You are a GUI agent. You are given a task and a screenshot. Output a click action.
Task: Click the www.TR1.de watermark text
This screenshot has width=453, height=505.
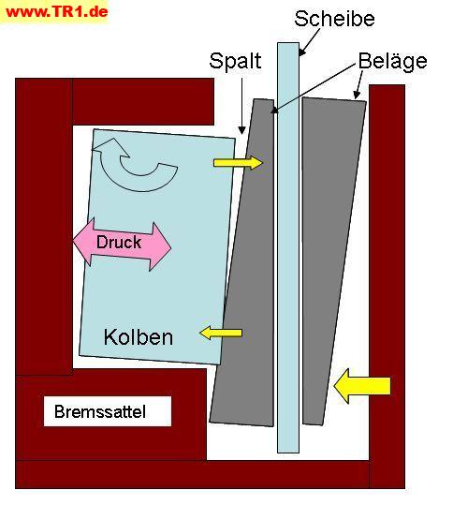point(56,12)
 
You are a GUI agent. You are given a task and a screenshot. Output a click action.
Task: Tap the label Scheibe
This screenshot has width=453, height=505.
point(334,19)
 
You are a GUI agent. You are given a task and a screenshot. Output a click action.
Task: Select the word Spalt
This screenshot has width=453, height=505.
point(235,61)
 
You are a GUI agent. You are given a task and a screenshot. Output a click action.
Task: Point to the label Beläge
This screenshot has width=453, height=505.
point(392,61)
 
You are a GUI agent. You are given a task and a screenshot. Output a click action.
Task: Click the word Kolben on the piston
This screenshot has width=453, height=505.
point(139,337)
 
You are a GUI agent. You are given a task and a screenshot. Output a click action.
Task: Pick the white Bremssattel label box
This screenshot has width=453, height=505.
point(108,411)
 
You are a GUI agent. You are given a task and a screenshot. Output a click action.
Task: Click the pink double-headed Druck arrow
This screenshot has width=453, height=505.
point(123,244)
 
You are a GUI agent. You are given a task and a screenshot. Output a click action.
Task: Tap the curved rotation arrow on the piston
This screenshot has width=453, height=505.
point(135,164)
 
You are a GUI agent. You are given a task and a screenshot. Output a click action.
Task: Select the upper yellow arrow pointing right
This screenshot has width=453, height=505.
point(239,162)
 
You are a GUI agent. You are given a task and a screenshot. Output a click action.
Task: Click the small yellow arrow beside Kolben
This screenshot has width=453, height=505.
point(221,333)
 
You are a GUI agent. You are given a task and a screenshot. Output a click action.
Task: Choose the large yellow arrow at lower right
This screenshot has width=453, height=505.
point(362,386)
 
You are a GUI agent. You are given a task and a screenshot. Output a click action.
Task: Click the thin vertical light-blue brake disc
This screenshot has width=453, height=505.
point(288,247)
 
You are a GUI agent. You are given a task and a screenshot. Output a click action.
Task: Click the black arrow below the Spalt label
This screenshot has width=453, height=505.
point(241,106)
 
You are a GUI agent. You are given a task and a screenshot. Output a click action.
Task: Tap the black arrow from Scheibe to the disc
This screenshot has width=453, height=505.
point(310,42)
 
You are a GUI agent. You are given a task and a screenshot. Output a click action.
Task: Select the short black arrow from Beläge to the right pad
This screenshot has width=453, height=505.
point(358,84)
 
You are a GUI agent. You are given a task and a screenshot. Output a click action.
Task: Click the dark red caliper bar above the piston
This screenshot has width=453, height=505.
point(143,101)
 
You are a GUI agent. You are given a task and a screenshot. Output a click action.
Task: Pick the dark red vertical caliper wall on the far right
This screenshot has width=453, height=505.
point(387,287)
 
